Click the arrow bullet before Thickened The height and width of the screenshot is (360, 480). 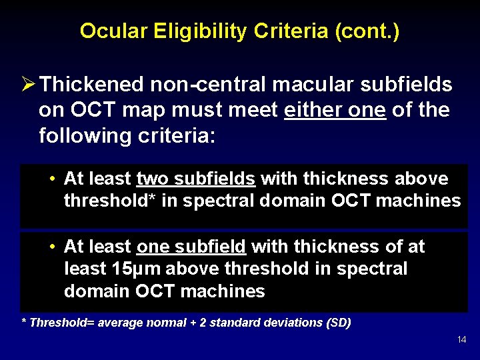28,85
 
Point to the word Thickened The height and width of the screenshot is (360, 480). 92,85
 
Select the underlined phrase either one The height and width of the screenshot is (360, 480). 335,110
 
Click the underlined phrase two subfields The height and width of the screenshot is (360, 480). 195,179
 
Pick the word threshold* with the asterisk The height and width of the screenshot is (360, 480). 109,201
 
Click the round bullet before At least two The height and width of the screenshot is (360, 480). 52,179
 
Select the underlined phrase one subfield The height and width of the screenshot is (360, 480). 191,247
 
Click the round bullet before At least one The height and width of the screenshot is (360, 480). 52,247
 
